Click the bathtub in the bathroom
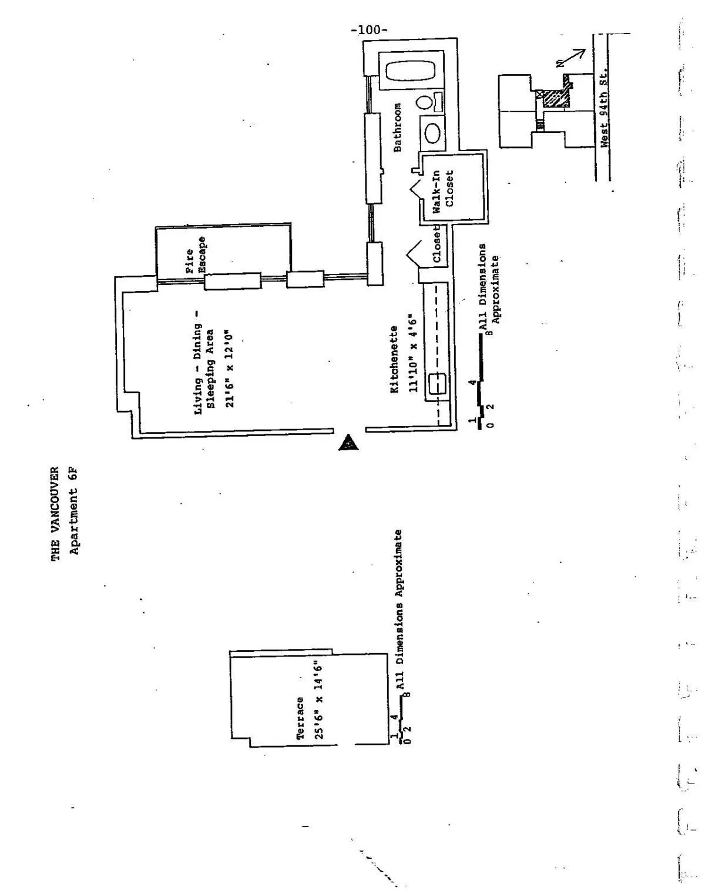(411, 71)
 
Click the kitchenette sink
(437, 384)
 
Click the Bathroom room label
(398, 128)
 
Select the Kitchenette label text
(394, 360)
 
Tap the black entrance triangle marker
(349, 442)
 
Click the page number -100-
(369, 30)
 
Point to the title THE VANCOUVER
(55, 513)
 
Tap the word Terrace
(300, 718)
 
